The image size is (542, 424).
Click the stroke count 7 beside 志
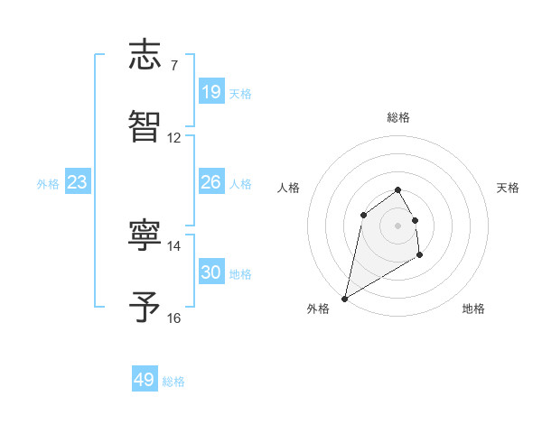pyautogui.click(x=173, y=66)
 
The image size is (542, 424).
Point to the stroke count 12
pyautogui.click(x=174, y=138)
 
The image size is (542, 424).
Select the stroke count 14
pyautogui.click(x=174, y=245)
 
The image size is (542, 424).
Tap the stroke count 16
pyautogui.click(x=174, y=318)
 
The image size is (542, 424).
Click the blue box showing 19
pyautogui.click(x=211, y=92)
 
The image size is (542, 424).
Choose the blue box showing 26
pyautogui.click(x=211, y=182)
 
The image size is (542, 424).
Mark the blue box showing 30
pyautogui.click(x=211, y=272)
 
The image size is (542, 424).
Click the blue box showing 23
pyautogui.click(x=78, y=182)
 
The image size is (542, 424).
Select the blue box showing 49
pyautogui.click(x=145, y=380)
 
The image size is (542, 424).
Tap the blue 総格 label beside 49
pyautogui.click(x=173, y=382)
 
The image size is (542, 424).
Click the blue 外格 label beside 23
pyautogui.click(x=48, y=184)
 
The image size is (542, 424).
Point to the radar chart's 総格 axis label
pyautogui.click(x=397, y=117)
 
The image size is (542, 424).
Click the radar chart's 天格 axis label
pyautogui.click(x=508, y=188)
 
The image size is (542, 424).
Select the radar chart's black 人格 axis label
pyautogui.click(x=288, y=188)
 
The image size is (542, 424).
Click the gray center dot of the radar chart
pyautogui.click(x=397, y=225)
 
